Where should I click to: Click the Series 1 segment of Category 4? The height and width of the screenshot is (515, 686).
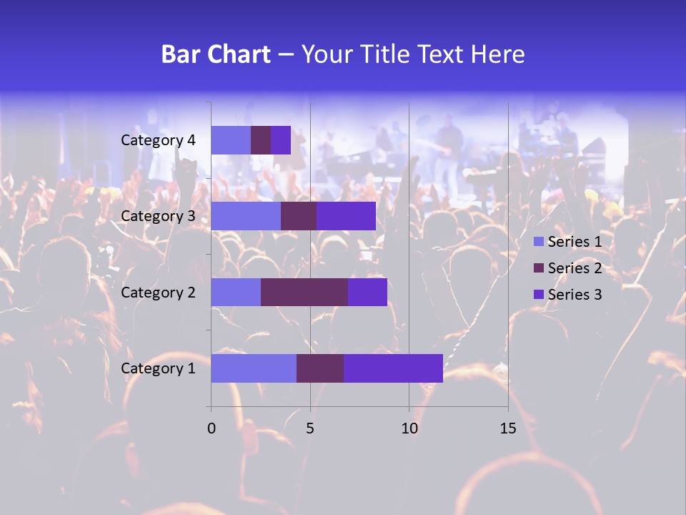(x=231, y=140)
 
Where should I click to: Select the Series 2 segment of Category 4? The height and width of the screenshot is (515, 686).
(x=261, y=140)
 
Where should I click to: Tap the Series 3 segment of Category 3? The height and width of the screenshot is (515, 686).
(x=346, y=216)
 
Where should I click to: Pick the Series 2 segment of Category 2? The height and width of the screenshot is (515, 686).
(x=304, y=292)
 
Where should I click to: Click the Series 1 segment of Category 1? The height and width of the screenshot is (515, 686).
(x=254, y=368)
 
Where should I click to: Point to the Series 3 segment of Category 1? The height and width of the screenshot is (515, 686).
(x=393, y=368)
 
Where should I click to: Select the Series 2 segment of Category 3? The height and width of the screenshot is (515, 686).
(x=299, y=216)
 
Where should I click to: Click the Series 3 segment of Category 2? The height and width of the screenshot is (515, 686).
(x=367, y=292)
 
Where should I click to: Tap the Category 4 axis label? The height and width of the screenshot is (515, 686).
(x=158, y=140)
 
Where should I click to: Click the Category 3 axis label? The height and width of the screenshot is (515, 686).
(x=158, y=216)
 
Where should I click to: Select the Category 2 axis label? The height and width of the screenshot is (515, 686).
(x=158, y=292)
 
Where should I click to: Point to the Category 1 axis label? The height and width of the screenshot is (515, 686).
(x=158, y=368)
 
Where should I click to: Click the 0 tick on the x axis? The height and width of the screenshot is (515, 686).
(x=212, y=428)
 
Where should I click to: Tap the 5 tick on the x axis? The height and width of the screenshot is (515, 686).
(x=310, y=428)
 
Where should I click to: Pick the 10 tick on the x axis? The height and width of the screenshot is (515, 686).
(x=409, y=428)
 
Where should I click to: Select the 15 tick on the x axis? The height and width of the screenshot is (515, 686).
(x=507, y=428)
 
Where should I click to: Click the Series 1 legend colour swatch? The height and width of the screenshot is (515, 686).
(x=539, y=242)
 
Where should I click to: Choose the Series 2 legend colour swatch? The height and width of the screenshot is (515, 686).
(x=539, y=268)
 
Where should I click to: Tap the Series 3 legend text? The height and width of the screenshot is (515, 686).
(x=575, y=294)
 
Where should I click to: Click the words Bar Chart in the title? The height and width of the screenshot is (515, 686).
(x=216, y=54)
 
